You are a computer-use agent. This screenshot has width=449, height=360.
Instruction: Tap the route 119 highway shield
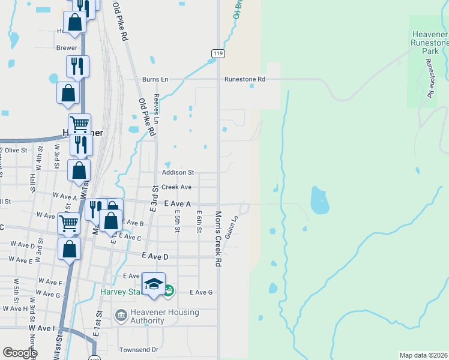click(x=218, y=54)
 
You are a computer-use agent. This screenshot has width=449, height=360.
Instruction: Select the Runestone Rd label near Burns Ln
click(x=244, y=79)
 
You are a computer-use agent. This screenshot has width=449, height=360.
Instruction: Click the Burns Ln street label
click(x=155, y=79)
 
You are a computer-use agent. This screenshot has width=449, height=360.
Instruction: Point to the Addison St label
click(x=178, y=172)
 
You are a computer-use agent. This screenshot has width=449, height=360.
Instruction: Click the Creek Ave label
click(x=176, y=187)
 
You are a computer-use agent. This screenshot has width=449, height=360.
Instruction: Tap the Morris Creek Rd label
click(x=217, y=238)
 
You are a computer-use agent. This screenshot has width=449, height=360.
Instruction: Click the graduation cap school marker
click(x=154, y=283)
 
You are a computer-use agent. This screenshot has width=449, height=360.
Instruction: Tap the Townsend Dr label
click(x=138, y=349)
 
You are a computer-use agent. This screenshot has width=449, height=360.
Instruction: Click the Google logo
click(x=20, y=352)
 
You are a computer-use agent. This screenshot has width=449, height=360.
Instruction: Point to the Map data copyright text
click(x=423, y=355)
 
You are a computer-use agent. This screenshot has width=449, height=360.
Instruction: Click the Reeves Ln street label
click(x=157, y=109)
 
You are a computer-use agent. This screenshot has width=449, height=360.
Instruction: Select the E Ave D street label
click(x=155, y=256)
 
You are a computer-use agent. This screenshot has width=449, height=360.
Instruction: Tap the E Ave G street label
click(x=201, y=292)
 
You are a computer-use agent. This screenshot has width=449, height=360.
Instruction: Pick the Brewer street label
click(x=67, y=47)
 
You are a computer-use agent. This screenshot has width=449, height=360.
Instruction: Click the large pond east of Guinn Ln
click(x=319, y=200)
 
